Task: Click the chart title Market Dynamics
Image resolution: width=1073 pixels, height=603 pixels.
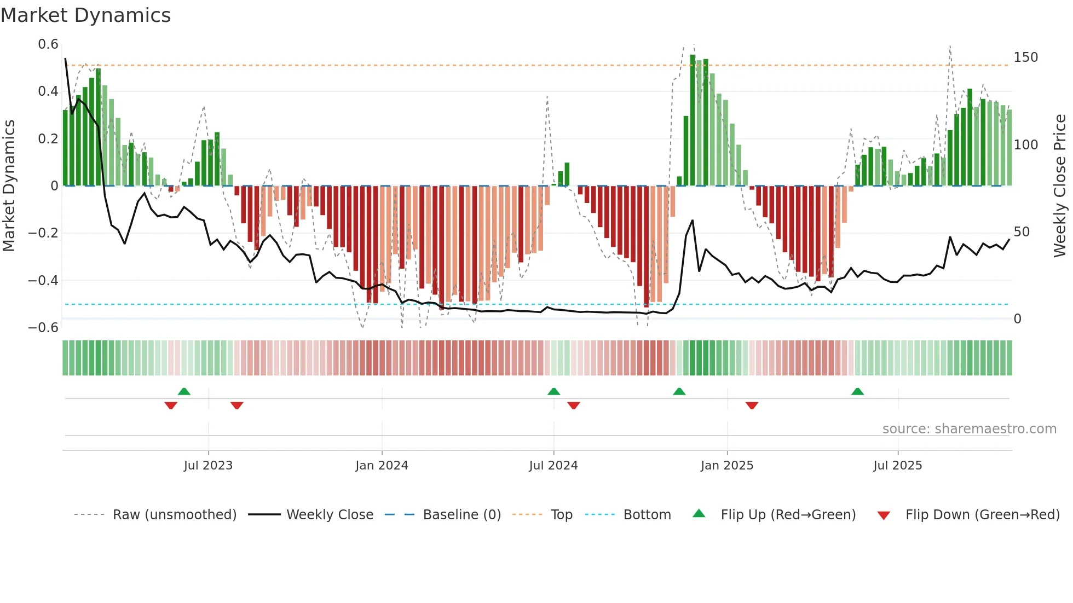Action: coord(85,15)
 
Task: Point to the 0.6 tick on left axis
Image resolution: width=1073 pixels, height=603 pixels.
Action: coord(48,44)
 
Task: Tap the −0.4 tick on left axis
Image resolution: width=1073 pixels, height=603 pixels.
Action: coord(43,281)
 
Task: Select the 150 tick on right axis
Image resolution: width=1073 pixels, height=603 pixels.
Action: coord(1025,57)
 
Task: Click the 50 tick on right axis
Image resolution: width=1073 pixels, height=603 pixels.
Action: coord(1022,232)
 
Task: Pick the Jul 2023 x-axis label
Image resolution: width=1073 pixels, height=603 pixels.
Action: coord(208,466)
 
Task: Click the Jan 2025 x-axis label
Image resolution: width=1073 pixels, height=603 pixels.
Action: coord(726,466)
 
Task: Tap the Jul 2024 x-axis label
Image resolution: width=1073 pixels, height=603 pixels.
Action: coord(553,466)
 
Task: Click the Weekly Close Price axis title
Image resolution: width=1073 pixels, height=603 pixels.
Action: coord(1060,186)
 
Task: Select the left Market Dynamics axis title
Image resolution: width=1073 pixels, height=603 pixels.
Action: coord(9,186)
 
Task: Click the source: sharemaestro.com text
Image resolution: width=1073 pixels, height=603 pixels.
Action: coord(969,429)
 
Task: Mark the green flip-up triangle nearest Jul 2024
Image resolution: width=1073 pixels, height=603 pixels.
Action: coord(553,392)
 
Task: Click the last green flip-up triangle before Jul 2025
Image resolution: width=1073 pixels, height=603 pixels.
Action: coord(857,392)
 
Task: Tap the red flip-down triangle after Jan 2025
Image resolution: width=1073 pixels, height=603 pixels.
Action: coord(752,405)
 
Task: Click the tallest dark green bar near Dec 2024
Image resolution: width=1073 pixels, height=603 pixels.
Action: coord(693,120)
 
